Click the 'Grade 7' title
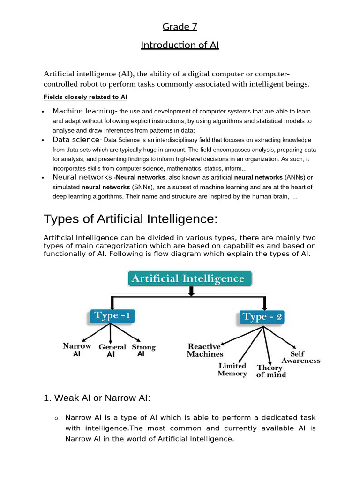click(180, 27)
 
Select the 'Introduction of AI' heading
click(180, 45)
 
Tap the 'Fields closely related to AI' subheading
click(85, 97)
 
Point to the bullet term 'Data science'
click(76, 140)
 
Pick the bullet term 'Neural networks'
click(82, 177)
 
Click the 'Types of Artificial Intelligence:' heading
click(131, 219)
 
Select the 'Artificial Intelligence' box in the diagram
click(190, 278)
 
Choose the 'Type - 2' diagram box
click(262, 317)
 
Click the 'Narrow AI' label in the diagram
click(77, 350)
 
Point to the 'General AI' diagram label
click(112, 351)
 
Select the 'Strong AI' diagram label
click(143, 351)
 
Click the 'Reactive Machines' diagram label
click(205, 350)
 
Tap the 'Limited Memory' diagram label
click(232, 369)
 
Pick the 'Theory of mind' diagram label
click(271, 371)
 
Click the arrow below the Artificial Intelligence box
click(191, 291)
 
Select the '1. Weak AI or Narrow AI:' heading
click(97, 398)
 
